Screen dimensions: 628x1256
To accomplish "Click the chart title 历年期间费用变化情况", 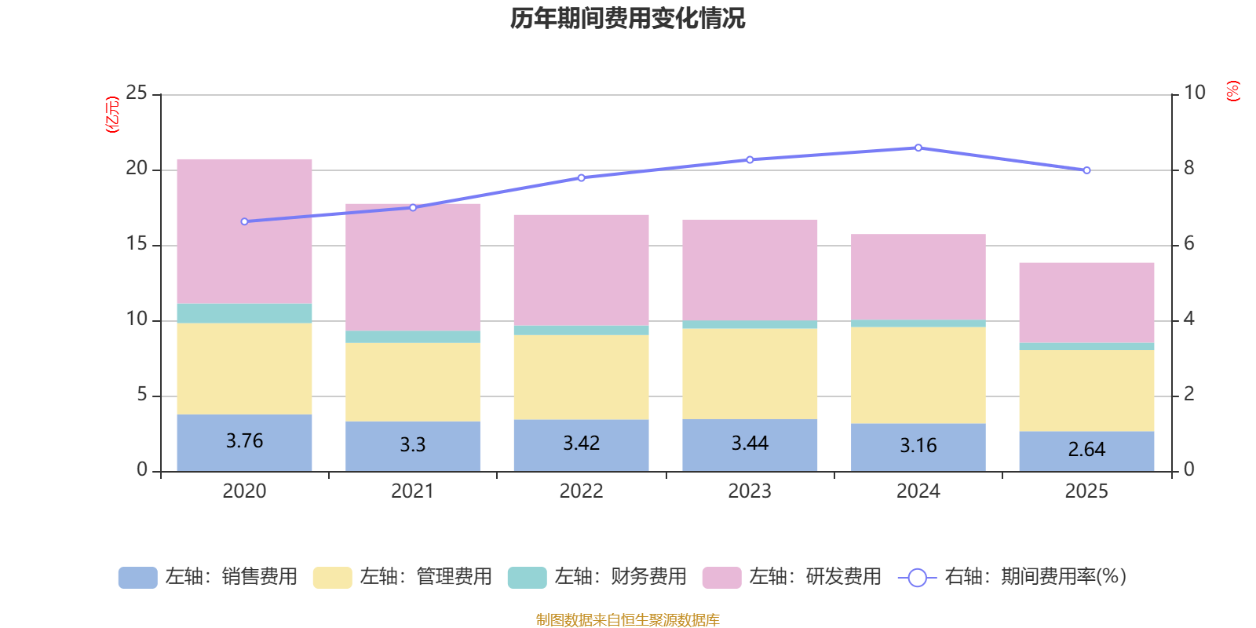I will point(627,18).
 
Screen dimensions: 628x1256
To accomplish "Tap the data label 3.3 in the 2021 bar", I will point(412,445).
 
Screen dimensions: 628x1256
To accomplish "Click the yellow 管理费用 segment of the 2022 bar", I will point(581,377).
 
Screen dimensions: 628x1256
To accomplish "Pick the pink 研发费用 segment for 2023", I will point(750,269).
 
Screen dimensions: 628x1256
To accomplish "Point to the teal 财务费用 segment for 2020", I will point(244,313).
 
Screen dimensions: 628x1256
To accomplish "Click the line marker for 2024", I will point(918,148).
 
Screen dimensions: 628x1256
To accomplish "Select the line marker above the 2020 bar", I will point(244,221).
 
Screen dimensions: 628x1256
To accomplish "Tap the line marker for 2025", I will point(1086,170).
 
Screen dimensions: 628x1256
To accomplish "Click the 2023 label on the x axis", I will point(750,491).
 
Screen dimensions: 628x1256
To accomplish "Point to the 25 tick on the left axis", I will point(137,93).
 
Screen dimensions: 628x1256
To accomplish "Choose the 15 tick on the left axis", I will point(137,244).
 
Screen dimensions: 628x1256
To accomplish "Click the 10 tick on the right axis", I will point(1195,93).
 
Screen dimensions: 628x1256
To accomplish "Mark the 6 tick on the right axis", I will point(1189,244).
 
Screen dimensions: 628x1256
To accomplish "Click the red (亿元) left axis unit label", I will point(112,115).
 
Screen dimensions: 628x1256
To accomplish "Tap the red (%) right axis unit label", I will point(1233,91).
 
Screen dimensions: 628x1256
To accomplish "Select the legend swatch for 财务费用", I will point(527,577).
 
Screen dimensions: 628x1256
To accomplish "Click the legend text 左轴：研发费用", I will point(815,577).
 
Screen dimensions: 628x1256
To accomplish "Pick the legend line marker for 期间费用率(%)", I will point(917,578).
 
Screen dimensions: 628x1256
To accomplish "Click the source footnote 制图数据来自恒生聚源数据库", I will point(627,620).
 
